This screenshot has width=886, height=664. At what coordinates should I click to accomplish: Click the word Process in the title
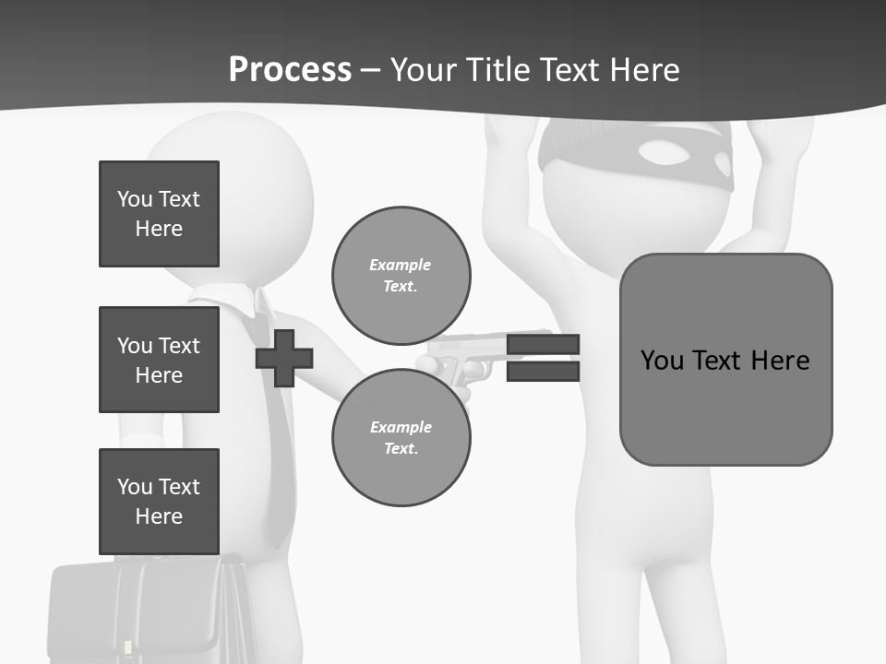[x=290, y=70]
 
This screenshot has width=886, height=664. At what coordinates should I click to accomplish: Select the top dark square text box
[x=159, y=214]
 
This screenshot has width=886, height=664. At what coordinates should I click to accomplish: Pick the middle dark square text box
[x=159, y=360]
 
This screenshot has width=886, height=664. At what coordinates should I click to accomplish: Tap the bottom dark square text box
[x=159, y=501]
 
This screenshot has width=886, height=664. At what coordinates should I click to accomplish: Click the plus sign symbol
[x=284, y=358]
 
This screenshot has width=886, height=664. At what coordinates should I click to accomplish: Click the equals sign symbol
[x=543, y=358]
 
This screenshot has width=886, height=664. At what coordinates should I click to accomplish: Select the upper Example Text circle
[x=401, y=275]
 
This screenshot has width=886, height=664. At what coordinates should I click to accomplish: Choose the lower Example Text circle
[x=401, y=437]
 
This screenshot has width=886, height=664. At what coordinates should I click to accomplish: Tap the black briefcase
[x=148, y=609]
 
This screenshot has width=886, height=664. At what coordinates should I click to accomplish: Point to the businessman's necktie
[x=273, y=433]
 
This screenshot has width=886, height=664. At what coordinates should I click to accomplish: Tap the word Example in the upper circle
[x=401, y=265]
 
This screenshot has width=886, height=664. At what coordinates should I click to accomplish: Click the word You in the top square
[x=135, y=199]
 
